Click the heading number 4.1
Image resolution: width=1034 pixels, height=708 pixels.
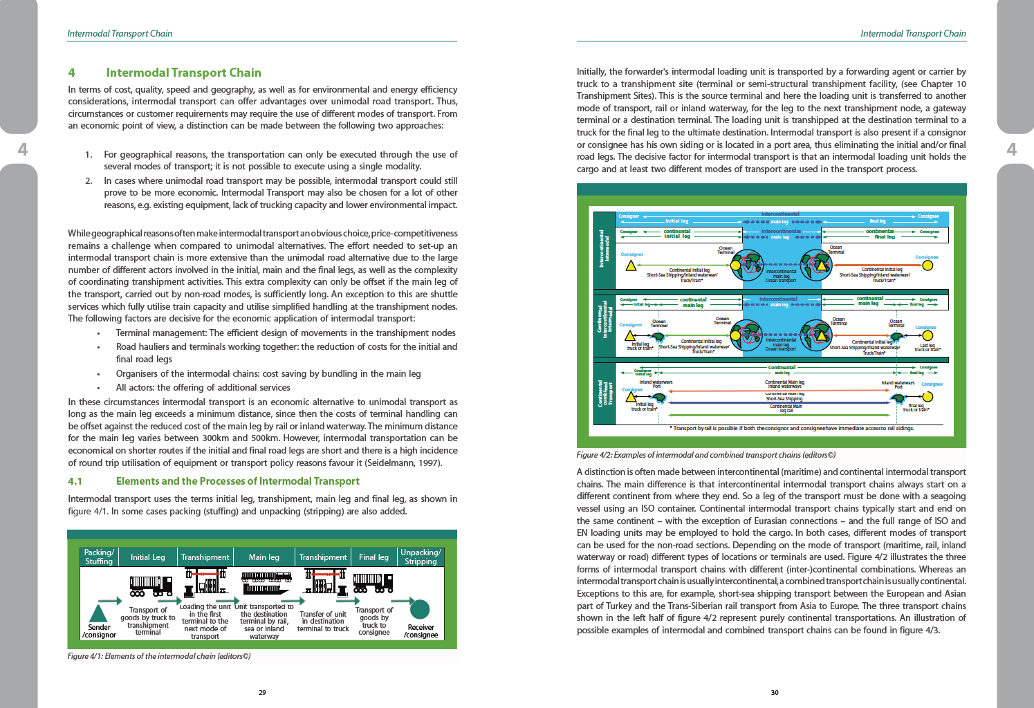[75, 481]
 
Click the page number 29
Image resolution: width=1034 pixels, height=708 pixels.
[262, 692]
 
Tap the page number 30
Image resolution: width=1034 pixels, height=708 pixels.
[775, 692]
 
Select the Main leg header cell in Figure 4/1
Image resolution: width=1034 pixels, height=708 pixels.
[264, 557]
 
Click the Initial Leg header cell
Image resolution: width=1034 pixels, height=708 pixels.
[148, 557]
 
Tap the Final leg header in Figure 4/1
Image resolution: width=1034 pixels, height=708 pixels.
[373, 557]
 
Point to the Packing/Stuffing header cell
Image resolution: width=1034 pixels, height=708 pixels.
[99, 557]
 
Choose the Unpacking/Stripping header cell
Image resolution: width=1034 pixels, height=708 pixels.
[421, 557]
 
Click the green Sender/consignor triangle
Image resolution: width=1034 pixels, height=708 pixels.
[99, 613]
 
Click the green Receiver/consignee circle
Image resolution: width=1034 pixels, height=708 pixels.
[420, 609]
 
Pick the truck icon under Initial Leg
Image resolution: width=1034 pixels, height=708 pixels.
[151, 586]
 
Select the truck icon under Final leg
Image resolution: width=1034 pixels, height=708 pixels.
[373, 585]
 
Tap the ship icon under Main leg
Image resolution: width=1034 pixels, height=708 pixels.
[266, 584]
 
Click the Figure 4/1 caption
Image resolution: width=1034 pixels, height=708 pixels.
[159, 656]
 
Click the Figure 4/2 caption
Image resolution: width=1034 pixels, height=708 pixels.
[706, 455]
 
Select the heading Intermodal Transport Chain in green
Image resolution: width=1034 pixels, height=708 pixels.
[183, 73]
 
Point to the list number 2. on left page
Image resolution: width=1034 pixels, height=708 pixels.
[89, 181]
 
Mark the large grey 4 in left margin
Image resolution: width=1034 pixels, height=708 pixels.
[23, 149]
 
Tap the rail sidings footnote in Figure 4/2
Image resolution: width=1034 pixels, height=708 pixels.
[792, 428]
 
